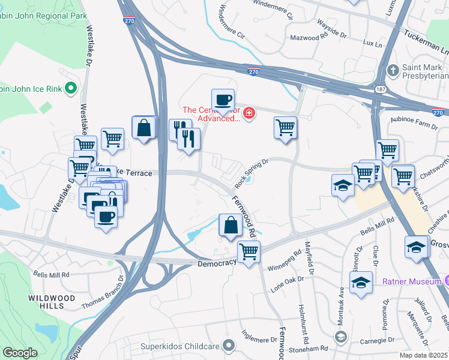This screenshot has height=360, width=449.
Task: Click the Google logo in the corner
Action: click(19, 353)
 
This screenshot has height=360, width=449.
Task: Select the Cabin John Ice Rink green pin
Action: click(70, 89)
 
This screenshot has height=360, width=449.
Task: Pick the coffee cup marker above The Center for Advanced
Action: click(223, 100)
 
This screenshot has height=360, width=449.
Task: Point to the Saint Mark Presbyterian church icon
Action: click(393, 71)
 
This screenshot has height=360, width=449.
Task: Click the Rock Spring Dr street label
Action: click(251, 170)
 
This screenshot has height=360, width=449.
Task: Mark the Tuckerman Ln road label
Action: click(426, 38)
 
